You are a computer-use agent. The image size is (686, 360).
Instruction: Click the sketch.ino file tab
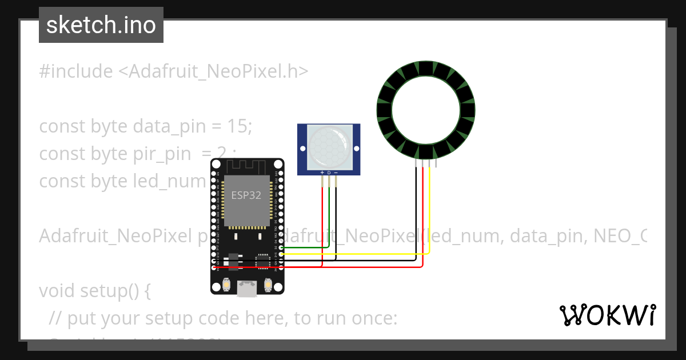pos(101,25)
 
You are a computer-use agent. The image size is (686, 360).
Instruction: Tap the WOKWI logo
pos(607,315)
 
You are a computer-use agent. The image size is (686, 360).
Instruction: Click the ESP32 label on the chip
pos(246,195)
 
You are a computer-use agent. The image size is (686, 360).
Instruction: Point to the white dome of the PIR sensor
pos(328,147)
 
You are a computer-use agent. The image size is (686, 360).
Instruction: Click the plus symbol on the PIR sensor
pos(322,172)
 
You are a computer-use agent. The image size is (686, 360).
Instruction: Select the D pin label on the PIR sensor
pos(329,172)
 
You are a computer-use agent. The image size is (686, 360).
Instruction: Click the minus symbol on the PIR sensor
pos(336,172)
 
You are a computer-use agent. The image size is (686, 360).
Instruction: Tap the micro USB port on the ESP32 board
pos(247,290)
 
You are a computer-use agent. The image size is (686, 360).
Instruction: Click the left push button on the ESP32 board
pos(227,284)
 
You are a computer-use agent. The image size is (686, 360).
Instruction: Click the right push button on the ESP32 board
pos(267,284)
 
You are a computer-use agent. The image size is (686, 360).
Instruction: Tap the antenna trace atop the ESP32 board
pos(246,166)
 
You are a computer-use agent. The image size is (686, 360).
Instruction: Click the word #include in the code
pos(76,71)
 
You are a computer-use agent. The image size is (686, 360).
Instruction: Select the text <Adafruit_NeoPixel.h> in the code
pos(213,71)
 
